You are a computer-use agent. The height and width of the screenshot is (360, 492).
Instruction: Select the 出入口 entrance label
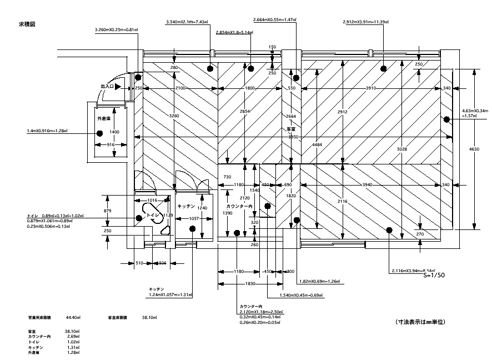point(107,87)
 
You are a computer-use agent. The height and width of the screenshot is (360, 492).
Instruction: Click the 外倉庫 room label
point(104,119)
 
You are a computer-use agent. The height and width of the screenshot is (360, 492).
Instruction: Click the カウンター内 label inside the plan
point(239,206)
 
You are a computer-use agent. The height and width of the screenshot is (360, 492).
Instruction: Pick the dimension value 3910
point(371,88)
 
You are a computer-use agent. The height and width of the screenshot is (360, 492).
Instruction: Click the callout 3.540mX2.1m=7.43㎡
point(187,22)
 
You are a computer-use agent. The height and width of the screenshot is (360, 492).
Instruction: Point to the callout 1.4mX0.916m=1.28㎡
point(47,131)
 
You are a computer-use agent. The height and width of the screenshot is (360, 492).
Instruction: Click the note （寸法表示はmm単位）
point(421,322)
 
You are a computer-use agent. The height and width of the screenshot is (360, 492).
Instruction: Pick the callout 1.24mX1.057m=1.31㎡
point(170,294)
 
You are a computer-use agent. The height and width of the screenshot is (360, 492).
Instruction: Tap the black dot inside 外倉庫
point(99,133)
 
